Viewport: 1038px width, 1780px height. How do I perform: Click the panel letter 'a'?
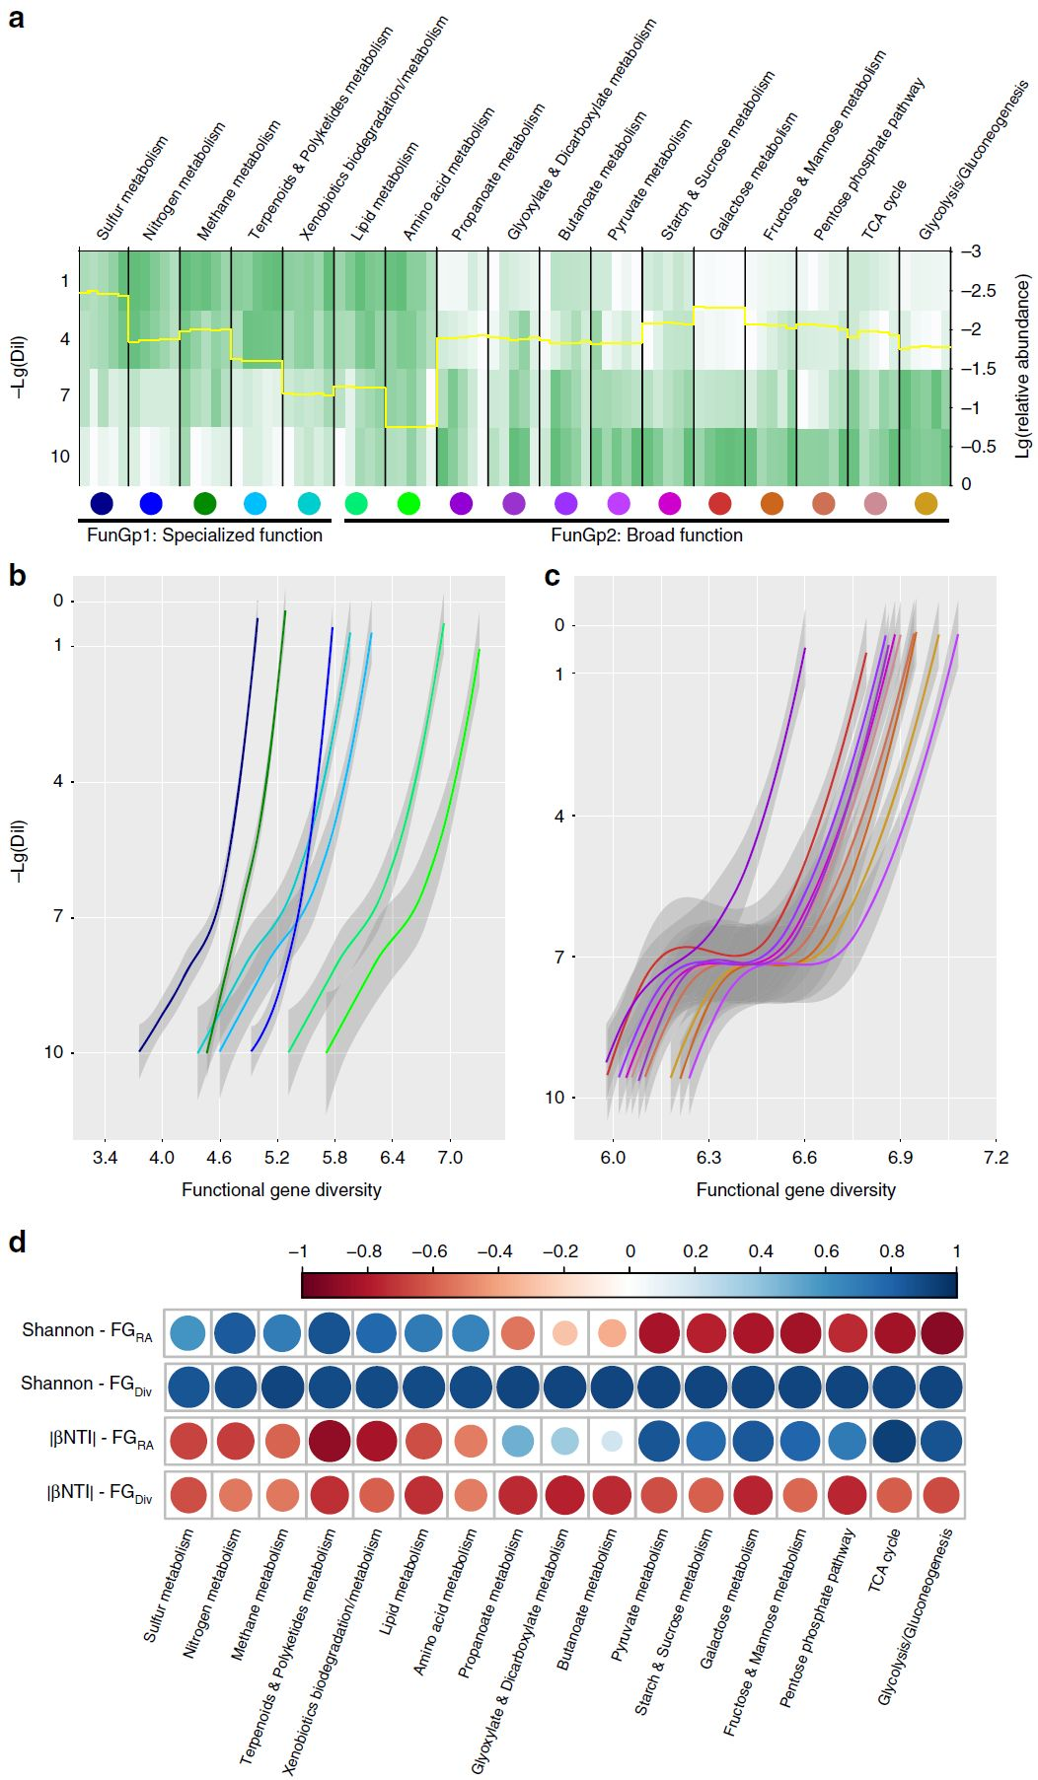[16, 18]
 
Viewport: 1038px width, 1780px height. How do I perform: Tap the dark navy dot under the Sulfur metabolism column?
[101, 504]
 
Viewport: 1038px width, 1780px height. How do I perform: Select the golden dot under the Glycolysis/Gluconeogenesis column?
[926, 504]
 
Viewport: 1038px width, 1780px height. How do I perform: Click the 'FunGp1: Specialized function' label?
[204, 535]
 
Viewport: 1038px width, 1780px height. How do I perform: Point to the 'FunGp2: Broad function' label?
[646, 535]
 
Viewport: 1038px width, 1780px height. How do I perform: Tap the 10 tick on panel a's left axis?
[60, 457]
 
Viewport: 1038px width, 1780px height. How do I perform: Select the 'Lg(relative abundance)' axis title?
[1022, 366]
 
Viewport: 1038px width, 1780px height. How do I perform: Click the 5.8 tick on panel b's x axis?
[334, 1158]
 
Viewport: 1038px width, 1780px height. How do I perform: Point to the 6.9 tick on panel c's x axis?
[900, 1158]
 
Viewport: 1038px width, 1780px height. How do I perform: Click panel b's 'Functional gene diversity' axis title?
[281, 1190]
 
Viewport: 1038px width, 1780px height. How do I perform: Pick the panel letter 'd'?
[17, 1242]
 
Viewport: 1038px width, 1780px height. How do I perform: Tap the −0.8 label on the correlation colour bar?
[363, 1251]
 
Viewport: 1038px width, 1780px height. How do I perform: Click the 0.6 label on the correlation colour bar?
[826, 1251]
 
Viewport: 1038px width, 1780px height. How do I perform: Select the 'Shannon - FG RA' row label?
[87, 1331]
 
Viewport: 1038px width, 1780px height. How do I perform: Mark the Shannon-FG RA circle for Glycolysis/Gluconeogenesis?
[941, 1333]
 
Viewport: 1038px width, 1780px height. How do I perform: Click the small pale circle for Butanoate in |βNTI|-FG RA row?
[612, 1441]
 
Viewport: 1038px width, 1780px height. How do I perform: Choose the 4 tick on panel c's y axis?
[559, 817]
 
